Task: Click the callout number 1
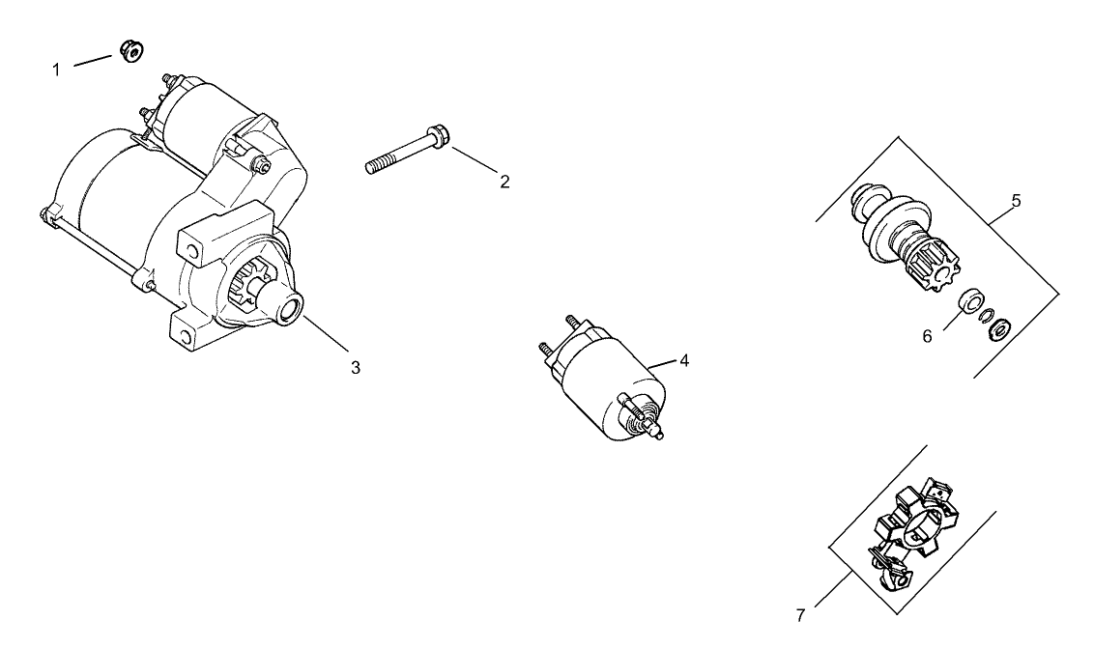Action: (56, 70)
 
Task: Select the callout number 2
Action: (504, 182)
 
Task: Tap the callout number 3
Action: (355, 367)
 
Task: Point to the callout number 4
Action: (683, 360)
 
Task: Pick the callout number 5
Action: (1016, 201)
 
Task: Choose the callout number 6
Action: (926, 336)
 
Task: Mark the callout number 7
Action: (800, 615)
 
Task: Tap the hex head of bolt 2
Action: (437, 137)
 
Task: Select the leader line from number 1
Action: (94, 61)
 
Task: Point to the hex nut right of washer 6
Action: (1000, 329)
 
